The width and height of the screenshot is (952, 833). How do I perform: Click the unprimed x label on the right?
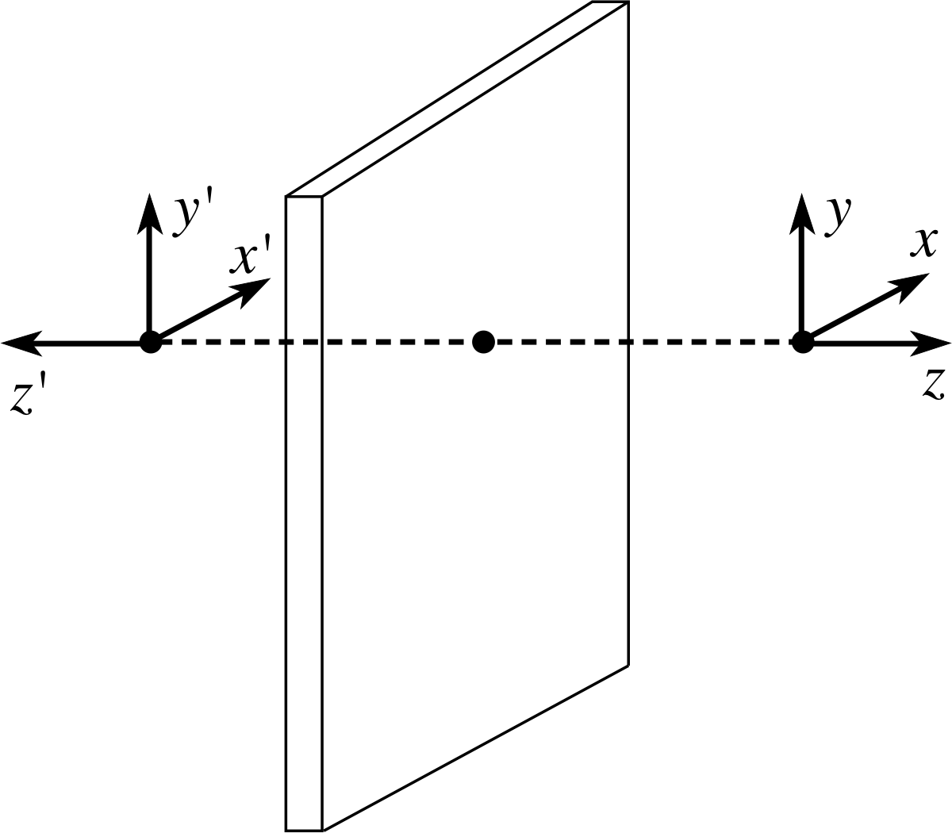click(x=923, y=242)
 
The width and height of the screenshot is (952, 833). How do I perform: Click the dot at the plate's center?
click(x=483, y=342)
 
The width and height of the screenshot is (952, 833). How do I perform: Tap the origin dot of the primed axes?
click(x=150, y=342)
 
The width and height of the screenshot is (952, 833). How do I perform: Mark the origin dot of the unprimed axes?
click(x=803, y=342)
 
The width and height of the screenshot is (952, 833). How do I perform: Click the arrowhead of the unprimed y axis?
click(x=802, y=211)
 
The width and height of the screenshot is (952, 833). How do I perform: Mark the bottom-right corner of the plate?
click(x=628, y=663)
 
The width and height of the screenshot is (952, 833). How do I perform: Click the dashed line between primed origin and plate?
click(x=222, y=343)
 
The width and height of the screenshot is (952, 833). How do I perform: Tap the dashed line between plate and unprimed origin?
click(x=714, y=343)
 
